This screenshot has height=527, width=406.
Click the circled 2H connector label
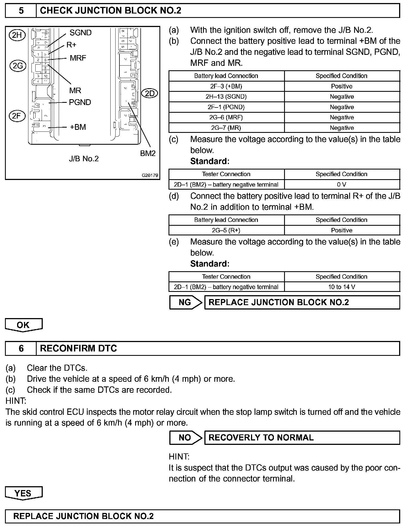pos(17,35)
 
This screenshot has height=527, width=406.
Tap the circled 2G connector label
pos(18,66)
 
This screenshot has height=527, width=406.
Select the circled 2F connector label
pos(17,116)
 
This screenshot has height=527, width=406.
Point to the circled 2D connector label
pos(150,93)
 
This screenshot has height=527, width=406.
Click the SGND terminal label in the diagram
pos(80,33)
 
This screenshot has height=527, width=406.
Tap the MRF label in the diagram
pos(78,58)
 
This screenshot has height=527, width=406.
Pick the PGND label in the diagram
pos(80,102)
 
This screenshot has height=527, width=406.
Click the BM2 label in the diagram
pos(148,153)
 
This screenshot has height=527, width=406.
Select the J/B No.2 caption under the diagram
pos(84,159)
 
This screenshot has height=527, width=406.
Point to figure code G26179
pos(150,175)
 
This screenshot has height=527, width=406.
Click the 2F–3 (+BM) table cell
pos(226,86)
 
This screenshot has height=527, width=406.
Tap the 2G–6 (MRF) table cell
pos(226,117)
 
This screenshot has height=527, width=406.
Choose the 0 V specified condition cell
pos(342,185)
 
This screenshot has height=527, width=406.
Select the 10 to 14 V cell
pos(342,287)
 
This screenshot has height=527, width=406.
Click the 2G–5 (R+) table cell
pos(226,230)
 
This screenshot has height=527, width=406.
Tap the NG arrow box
pos(185,302)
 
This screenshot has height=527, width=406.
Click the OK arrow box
pos(23,325)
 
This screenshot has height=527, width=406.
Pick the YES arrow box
pos(23,493)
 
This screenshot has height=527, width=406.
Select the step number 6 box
pos(21,348)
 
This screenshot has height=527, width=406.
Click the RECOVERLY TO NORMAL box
pos(302,438)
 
